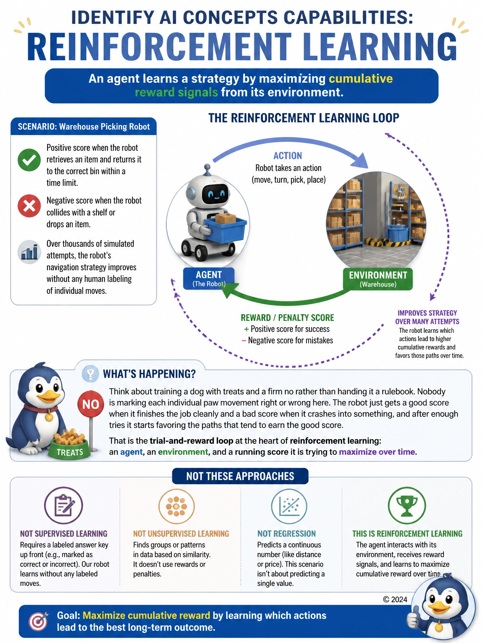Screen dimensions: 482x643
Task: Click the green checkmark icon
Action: [x=29, y=160]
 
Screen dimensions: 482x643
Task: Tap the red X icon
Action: [x=29, y=206]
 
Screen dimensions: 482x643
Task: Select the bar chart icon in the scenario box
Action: [x=29, y=252]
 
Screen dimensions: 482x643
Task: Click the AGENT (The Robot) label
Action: [x=209, y=278]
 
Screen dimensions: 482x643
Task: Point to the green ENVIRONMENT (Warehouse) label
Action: [x=378, y=279]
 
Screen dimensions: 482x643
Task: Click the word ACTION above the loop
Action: [x=288, y=156]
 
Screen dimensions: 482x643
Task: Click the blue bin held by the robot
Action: [x=225, y=230]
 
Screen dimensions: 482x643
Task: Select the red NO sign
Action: [x=91, y=404]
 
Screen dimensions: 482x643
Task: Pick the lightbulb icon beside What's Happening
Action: [x=90, y=374]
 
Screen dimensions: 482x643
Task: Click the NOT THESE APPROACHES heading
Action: [x=240, y=476]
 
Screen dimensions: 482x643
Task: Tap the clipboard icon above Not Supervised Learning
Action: [x=64, y=506]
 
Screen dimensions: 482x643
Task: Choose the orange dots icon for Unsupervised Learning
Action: [x=177, y=506]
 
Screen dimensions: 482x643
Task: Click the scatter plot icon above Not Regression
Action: [x=289, y=506]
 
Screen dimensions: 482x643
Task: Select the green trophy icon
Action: [x=407, y=506]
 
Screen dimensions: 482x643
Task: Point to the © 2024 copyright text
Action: [x=395, y=599]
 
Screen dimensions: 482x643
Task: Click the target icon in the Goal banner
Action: [x=38, y=621]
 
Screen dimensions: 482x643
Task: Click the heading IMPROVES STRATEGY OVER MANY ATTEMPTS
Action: [x=427, y=317]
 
